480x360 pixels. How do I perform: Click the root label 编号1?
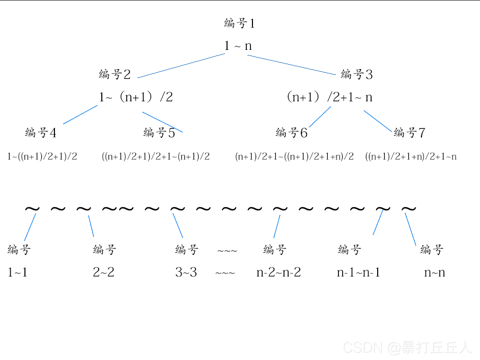239,23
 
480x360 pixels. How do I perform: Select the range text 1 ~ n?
238,46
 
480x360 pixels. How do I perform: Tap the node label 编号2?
115,74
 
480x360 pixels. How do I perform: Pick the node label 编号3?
356,74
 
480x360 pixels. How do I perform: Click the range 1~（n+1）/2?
135,97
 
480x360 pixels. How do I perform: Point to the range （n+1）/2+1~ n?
329,97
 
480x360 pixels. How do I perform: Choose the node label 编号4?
41,133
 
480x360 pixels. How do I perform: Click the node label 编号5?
159,133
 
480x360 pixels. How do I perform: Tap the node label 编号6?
292,133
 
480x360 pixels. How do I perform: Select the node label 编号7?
409,133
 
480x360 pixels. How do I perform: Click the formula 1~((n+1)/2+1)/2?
42,156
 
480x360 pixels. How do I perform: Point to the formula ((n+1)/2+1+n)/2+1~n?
411,156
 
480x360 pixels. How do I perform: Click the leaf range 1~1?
18,272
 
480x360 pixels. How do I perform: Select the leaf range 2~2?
103,272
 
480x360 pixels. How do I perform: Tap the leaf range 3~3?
186,272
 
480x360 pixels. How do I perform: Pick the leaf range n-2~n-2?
278,272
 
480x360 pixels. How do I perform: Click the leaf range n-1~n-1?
358,272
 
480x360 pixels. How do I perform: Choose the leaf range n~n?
435,272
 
